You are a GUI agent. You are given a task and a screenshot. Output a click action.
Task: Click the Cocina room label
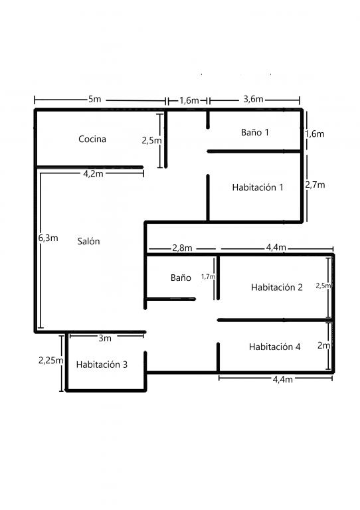(x=92, y=139)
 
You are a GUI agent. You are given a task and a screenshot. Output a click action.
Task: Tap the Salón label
(x=88, y=241)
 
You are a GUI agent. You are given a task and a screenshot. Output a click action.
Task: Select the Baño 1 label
(x=255, y=132)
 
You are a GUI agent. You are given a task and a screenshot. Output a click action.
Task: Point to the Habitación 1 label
(x=258, y=187)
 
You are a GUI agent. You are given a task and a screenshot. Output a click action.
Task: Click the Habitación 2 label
(x=277, y=287)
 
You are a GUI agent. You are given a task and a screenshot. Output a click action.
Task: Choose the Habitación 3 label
(x=102, y=365)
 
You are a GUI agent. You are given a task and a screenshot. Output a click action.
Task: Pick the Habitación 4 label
(x=274, y=347)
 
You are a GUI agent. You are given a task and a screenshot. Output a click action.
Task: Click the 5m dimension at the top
(x=94, y=99)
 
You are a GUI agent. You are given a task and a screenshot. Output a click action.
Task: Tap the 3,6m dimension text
(x=253, y=99)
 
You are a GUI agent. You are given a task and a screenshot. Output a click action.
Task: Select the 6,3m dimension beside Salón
(x=48, y=238)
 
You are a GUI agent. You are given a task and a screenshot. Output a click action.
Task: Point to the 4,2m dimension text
(x=94, y=174)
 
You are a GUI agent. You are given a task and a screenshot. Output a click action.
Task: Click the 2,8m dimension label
(x=182, y=248)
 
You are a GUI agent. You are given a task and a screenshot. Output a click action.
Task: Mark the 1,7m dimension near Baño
(x=208, y=277)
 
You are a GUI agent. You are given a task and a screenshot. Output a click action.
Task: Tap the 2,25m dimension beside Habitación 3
(x=50, y=361)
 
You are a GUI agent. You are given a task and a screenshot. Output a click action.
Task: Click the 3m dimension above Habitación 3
(x=105, y=338)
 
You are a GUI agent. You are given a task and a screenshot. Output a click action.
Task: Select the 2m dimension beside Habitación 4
(x=323, y=345)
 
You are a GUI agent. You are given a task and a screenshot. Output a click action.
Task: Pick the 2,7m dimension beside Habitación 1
(x=315, y=185)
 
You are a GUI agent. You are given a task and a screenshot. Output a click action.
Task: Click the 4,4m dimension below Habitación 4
(x=282, y=380)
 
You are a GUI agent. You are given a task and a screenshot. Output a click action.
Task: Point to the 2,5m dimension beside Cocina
(x=151, y=141)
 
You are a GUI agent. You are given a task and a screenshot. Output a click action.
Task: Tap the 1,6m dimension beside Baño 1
(x=314, y=134)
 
